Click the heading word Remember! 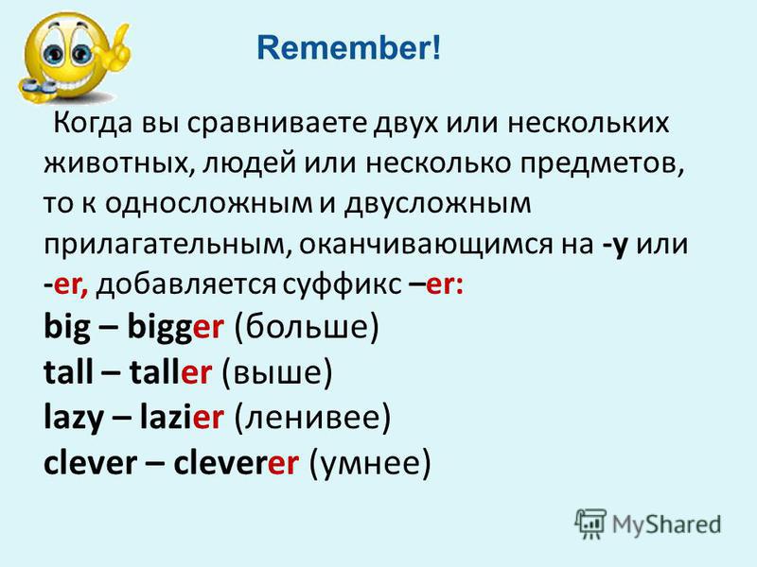[348, 48]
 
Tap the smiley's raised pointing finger [122, 39]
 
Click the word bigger [176, 328]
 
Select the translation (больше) [307, 328]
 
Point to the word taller [170, 371]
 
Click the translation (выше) [277, 372]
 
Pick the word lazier [182, 417]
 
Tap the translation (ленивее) [312, 417]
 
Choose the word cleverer [236, 463]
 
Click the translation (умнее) [369, 463]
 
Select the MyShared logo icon [590, 524]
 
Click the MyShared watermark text [667, 524]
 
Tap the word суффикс [342, 285]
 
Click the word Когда [93, 124]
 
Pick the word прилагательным [167, 245]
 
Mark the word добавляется [186, 285]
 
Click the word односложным [208, 204]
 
